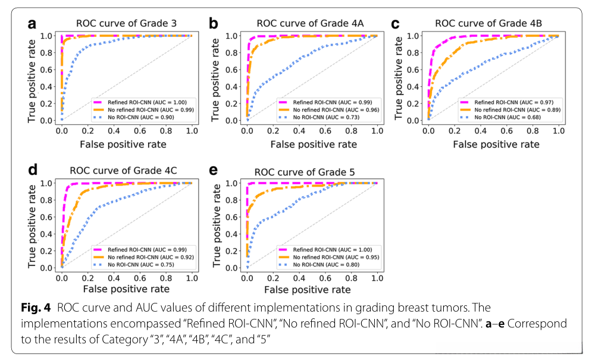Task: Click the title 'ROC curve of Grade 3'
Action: click(x=126, y=24)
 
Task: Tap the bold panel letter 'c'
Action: click(x=395, y=24)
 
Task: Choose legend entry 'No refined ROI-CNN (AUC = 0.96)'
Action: click(x=325, y=109)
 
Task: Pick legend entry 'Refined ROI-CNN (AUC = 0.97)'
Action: click(x=505, y=102)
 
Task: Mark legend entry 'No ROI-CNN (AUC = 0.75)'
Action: click(x=139, y=264)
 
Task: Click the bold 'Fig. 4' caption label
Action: click(x=42, y=309)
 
